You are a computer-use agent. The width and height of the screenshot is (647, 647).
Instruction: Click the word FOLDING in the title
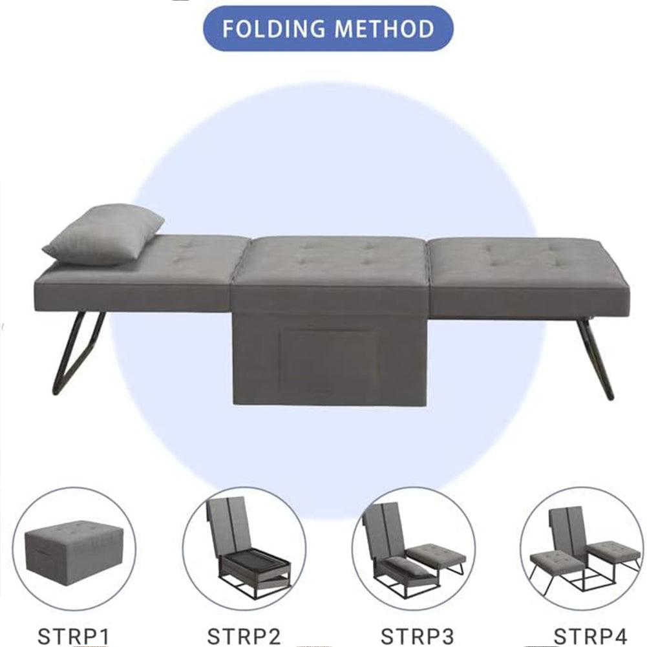(x=273, y=28)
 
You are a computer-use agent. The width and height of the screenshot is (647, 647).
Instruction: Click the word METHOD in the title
(x=384, y=28)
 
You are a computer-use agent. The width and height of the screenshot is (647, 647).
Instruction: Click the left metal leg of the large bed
(x=79, y=353)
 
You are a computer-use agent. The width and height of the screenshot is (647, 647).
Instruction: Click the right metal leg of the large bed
(x=595, y=358)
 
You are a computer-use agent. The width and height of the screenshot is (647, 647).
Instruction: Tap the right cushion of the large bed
(x=528, y=272)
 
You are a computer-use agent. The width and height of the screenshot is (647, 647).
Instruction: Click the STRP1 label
(x=73, y=636)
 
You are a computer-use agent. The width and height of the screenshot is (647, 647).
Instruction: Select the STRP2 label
(x=244, y=636)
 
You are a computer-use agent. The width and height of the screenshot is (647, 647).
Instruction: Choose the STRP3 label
(x=417, y=636)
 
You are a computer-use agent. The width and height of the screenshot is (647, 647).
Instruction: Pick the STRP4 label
(x=591, y=636)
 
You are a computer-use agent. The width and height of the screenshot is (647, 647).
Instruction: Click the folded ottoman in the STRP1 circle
(x=74, y=549)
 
